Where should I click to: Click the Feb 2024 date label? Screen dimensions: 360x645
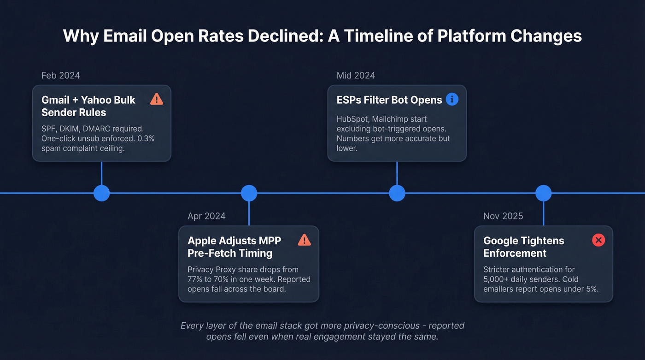[60, 76]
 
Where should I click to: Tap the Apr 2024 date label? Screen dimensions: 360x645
[206, 216]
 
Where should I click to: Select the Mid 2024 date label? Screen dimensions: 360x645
[356, 76]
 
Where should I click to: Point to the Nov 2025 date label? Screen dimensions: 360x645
[503, 216]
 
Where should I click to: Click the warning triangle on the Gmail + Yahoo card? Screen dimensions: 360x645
[157, 99]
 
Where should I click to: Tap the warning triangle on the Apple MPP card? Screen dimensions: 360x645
[304, 240]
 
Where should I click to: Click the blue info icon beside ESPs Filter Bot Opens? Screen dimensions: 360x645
[452, 99]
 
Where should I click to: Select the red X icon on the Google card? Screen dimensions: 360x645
[598, 240]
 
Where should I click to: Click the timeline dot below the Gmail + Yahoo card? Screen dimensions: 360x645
[101, 193]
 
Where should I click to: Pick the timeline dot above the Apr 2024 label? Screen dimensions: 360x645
[249, 193]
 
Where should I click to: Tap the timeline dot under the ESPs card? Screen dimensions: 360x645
[397, 193]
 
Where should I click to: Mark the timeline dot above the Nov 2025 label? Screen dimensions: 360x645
[543, 193]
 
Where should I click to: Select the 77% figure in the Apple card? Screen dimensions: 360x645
[196, 279]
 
